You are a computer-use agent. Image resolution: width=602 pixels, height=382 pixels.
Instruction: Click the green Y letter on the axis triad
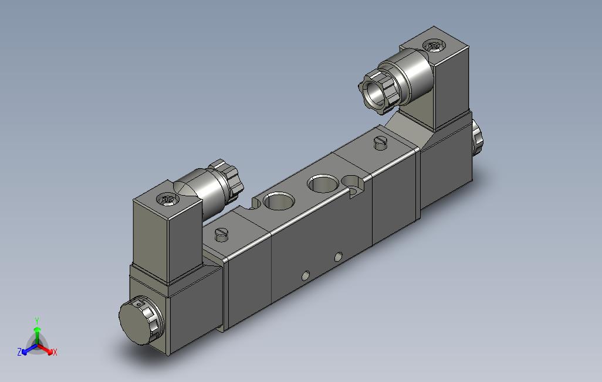[x=37, y=321]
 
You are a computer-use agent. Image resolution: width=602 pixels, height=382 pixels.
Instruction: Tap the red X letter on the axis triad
[x=55, y=352]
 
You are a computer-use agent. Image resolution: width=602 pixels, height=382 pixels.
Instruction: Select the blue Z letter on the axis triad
[x=19, y=352]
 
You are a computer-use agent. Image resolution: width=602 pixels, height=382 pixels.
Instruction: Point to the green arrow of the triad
[x=37, y=335]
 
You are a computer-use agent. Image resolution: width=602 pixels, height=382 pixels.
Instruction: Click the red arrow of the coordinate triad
[x=45, y=349]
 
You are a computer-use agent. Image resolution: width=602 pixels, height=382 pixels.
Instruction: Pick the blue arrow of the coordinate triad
[x=29, y=349]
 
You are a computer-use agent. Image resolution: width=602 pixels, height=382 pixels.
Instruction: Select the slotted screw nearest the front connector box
[x=222, y=234]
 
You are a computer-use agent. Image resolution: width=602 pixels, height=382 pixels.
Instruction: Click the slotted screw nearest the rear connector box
[x=380, y=143]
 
